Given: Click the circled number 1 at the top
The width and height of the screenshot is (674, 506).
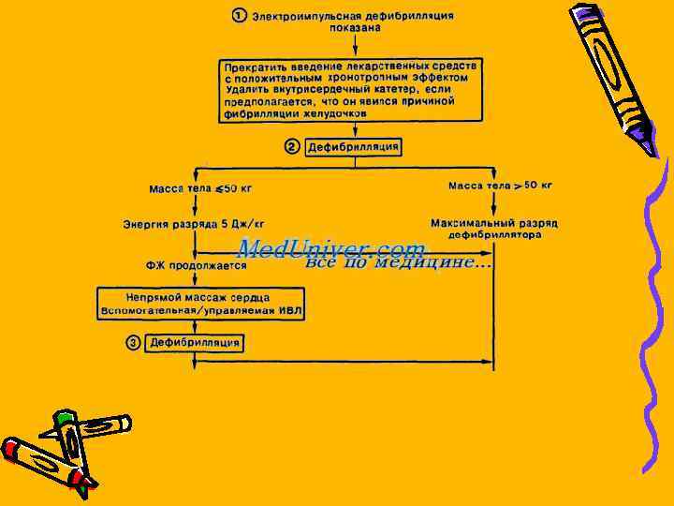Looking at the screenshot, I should point(241,16).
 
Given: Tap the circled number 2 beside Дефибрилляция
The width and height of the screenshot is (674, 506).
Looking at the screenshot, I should point(291,147).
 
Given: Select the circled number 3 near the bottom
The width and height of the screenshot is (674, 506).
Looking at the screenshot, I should point(134,343).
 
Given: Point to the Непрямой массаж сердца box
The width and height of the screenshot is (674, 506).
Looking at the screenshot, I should point(204,302).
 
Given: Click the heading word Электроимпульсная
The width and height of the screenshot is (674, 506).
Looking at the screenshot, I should point(307,16).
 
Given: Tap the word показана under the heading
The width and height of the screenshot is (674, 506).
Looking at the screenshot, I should point(355,28).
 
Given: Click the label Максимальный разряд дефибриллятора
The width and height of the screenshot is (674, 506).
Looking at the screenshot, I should point(494,230).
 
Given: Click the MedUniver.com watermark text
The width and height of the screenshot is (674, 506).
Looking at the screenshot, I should point(330,248).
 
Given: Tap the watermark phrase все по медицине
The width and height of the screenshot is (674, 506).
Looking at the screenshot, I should point(397,262).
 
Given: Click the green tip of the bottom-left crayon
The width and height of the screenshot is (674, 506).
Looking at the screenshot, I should point(64,416).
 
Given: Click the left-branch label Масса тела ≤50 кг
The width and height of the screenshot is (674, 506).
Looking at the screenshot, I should point(200,188).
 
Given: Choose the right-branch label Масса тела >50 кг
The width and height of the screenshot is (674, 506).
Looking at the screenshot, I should point(500,186).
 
